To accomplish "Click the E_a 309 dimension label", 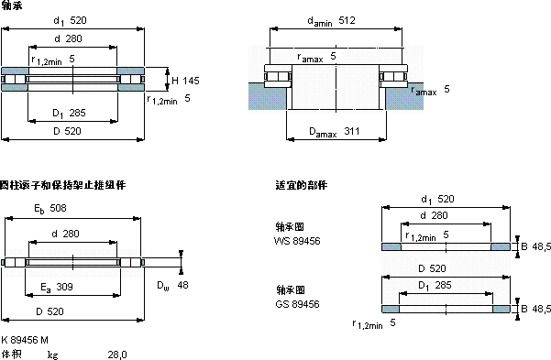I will pyautogui.click(x=58, y=288).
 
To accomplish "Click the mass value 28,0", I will pyautogui.click(x=117, y=354).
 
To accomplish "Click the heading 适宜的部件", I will pyautogui.click(x=301, y=185).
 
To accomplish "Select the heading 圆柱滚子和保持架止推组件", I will pyautogui.click(x=62, y=185).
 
